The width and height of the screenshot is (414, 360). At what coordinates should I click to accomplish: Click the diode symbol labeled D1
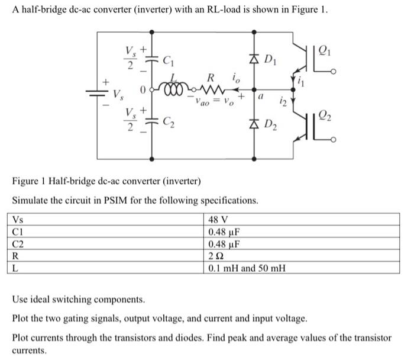tap(255, 59)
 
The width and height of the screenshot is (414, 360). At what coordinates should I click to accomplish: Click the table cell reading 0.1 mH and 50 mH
tap(247, 268)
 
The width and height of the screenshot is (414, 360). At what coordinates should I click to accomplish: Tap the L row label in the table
tap(16, 268)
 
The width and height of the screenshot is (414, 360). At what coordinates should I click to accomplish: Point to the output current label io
tap(236, 76)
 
